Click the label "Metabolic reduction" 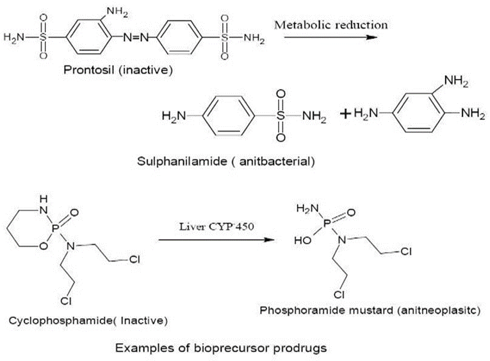click(x=331, y=25)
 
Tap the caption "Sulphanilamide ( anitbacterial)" click(x=225, y=161)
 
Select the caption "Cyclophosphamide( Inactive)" click(x=88, y=320)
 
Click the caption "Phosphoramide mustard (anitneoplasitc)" click(x=365, y=309)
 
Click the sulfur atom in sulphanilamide click(x=281, y=116)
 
